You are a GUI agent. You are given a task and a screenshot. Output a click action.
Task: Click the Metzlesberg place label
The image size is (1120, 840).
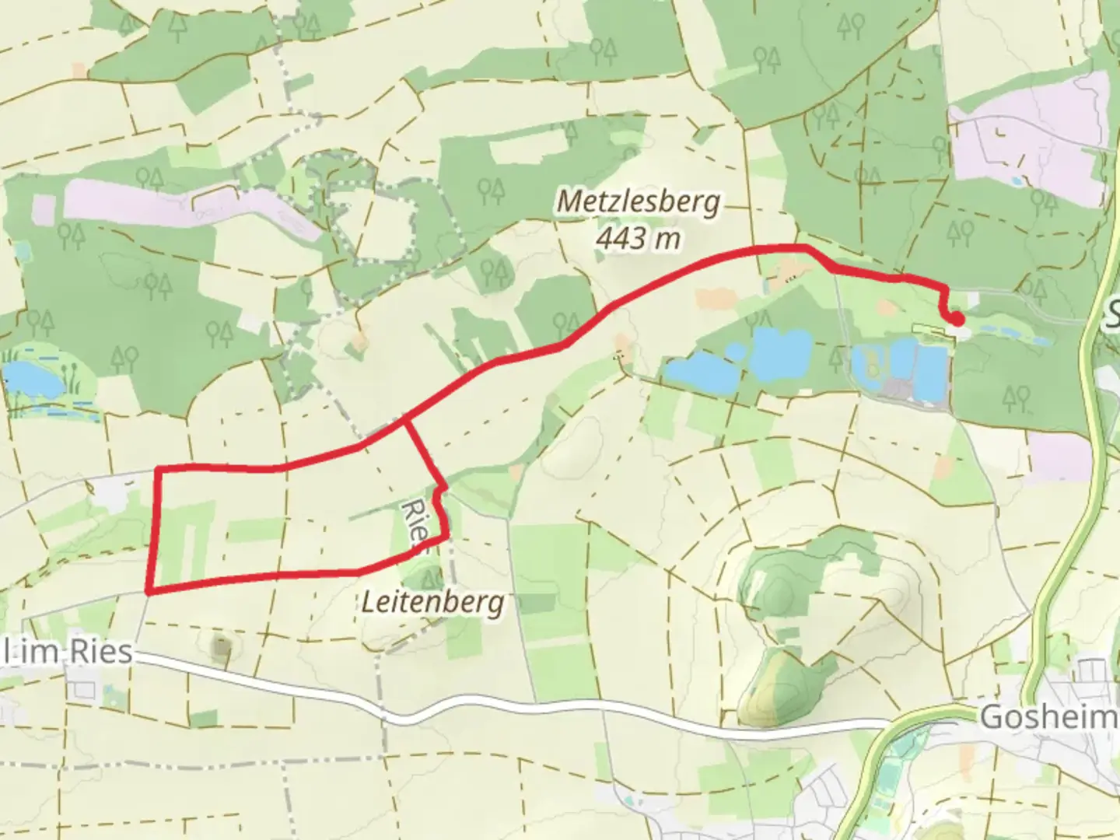639,202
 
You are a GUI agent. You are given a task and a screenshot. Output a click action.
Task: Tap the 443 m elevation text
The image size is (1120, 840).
638,237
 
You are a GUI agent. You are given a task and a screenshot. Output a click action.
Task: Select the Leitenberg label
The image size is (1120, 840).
433,602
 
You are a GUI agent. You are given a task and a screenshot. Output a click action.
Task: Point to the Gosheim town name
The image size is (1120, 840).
1047,716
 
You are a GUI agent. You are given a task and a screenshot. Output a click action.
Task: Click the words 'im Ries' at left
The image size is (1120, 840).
74,652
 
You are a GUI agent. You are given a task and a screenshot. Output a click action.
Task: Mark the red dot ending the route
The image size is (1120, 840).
957,319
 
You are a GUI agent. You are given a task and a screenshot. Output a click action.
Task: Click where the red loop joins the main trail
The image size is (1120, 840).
404,421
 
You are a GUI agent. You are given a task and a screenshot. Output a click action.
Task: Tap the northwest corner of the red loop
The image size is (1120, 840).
159,469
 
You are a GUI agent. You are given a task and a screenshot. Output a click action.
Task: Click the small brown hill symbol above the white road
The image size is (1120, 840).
222,645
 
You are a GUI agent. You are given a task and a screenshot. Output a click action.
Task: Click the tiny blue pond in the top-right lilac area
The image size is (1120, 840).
1017,180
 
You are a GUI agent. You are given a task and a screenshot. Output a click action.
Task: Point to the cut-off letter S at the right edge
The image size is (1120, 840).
1111,314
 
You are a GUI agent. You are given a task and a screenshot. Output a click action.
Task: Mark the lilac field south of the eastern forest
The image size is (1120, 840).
1061,457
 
